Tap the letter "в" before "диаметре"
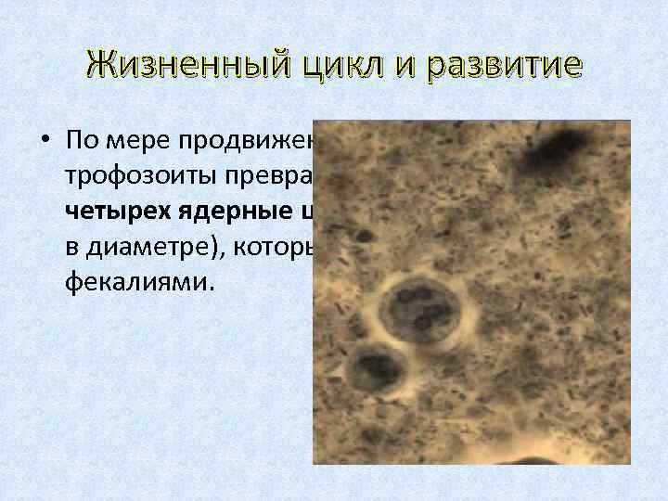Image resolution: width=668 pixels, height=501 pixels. (x=73, y=249)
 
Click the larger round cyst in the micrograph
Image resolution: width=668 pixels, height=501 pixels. (x=415, y=311)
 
